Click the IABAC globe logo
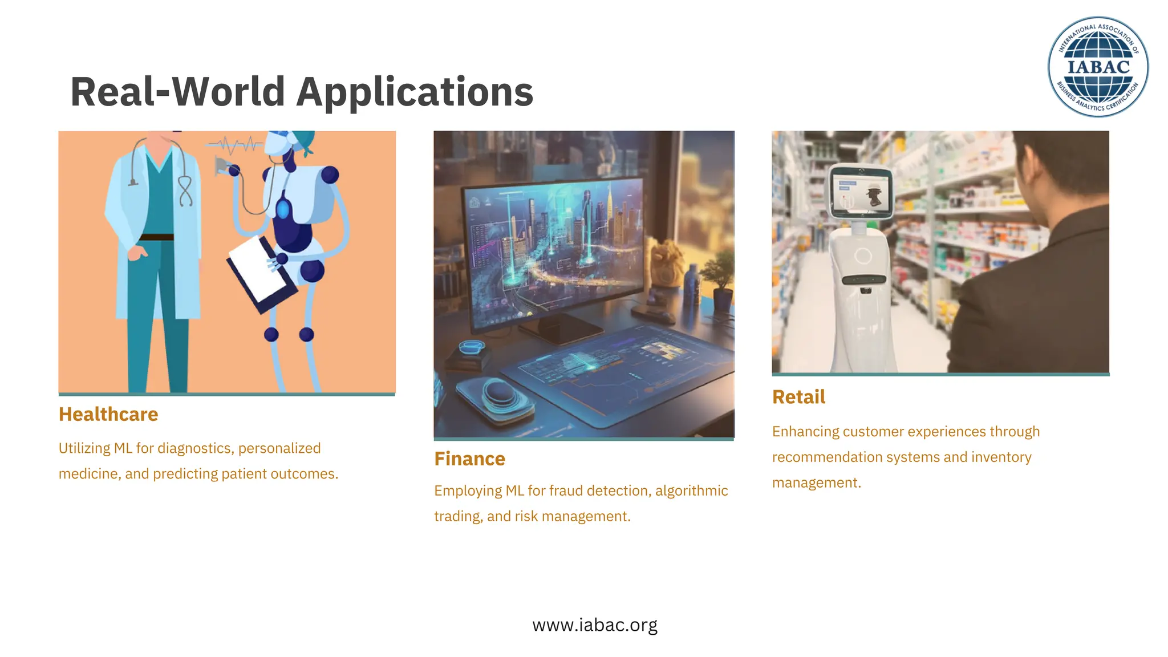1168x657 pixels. [1098, 67]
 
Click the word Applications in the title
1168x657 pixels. [415, 92]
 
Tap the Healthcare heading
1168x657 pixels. [108, 414]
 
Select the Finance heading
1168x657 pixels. [469, 459]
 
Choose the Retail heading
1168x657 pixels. [798, 397]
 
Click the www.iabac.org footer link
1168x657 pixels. [595, 625]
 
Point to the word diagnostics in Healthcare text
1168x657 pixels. [195, 448]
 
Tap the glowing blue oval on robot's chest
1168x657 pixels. [283, 209]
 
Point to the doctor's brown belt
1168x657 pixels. [157, 237]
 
